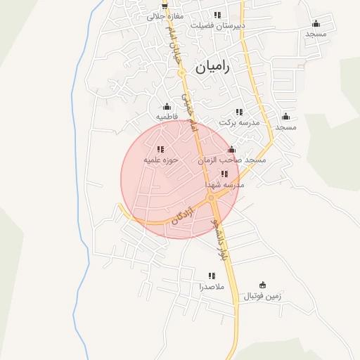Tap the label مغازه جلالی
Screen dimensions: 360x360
pos(165,15)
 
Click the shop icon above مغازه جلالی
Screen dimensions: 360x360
pos(165,5)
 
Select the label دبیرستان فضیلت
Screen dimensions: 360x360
pos(218,25)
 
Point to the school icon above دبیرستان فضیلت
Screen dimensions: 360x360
pos(218,15)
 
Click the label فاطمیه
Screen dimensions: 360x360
pos(167,116)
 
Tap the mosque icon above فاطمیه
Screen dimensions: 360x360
pos(167,106)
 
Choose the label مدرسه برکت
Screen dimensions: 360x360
pos(240,122)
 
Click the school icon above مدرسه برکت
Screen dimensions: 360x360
pos(240,112)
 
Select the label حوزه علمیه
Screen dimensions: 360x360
pos(161,160)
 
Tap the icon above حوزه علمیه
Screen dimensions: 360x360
pos(160,149)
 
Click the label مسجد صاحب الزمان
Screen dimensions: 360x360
pos(232,160)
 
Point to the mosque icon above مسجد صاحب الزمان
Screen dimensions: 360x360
pos(232,150)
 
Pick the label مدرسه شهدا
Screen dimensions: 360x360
pos(224,184)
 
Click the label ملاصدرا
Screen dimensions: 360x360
pos(211,287)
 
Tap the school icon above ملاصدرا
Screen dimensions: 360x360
pos(211,276)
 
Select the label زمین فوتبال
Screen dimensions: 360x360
pos(262,296)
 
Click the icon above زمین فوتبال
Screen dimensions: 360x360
pos(263,285)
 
